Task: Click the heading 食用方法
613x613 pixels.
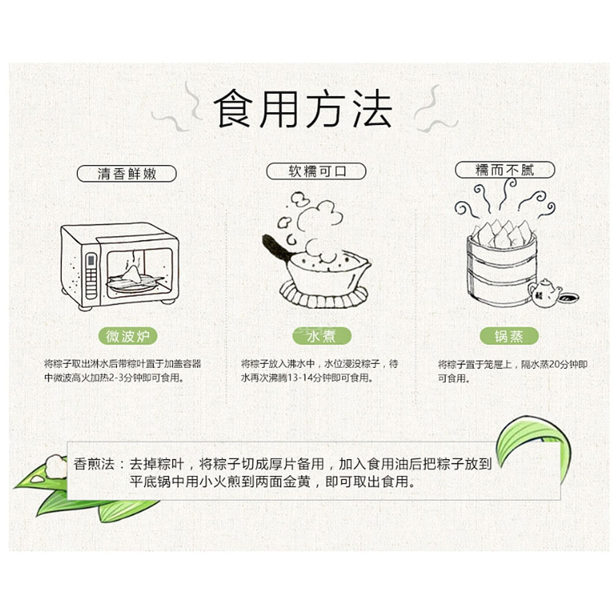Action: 303,110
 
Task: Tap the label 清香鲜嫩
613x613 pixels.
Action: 126,173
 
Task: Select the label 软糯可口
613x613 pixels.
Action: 317,171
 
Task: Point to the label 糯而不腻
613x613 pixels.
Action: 504,170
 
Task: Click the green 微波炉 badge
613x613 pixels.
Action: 128,336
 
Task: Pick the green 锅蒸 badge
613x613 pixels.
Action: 509,336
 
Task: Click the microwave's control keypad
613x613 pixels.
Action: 91,275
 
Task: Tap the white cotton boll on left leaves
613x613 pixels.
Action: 55,466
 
